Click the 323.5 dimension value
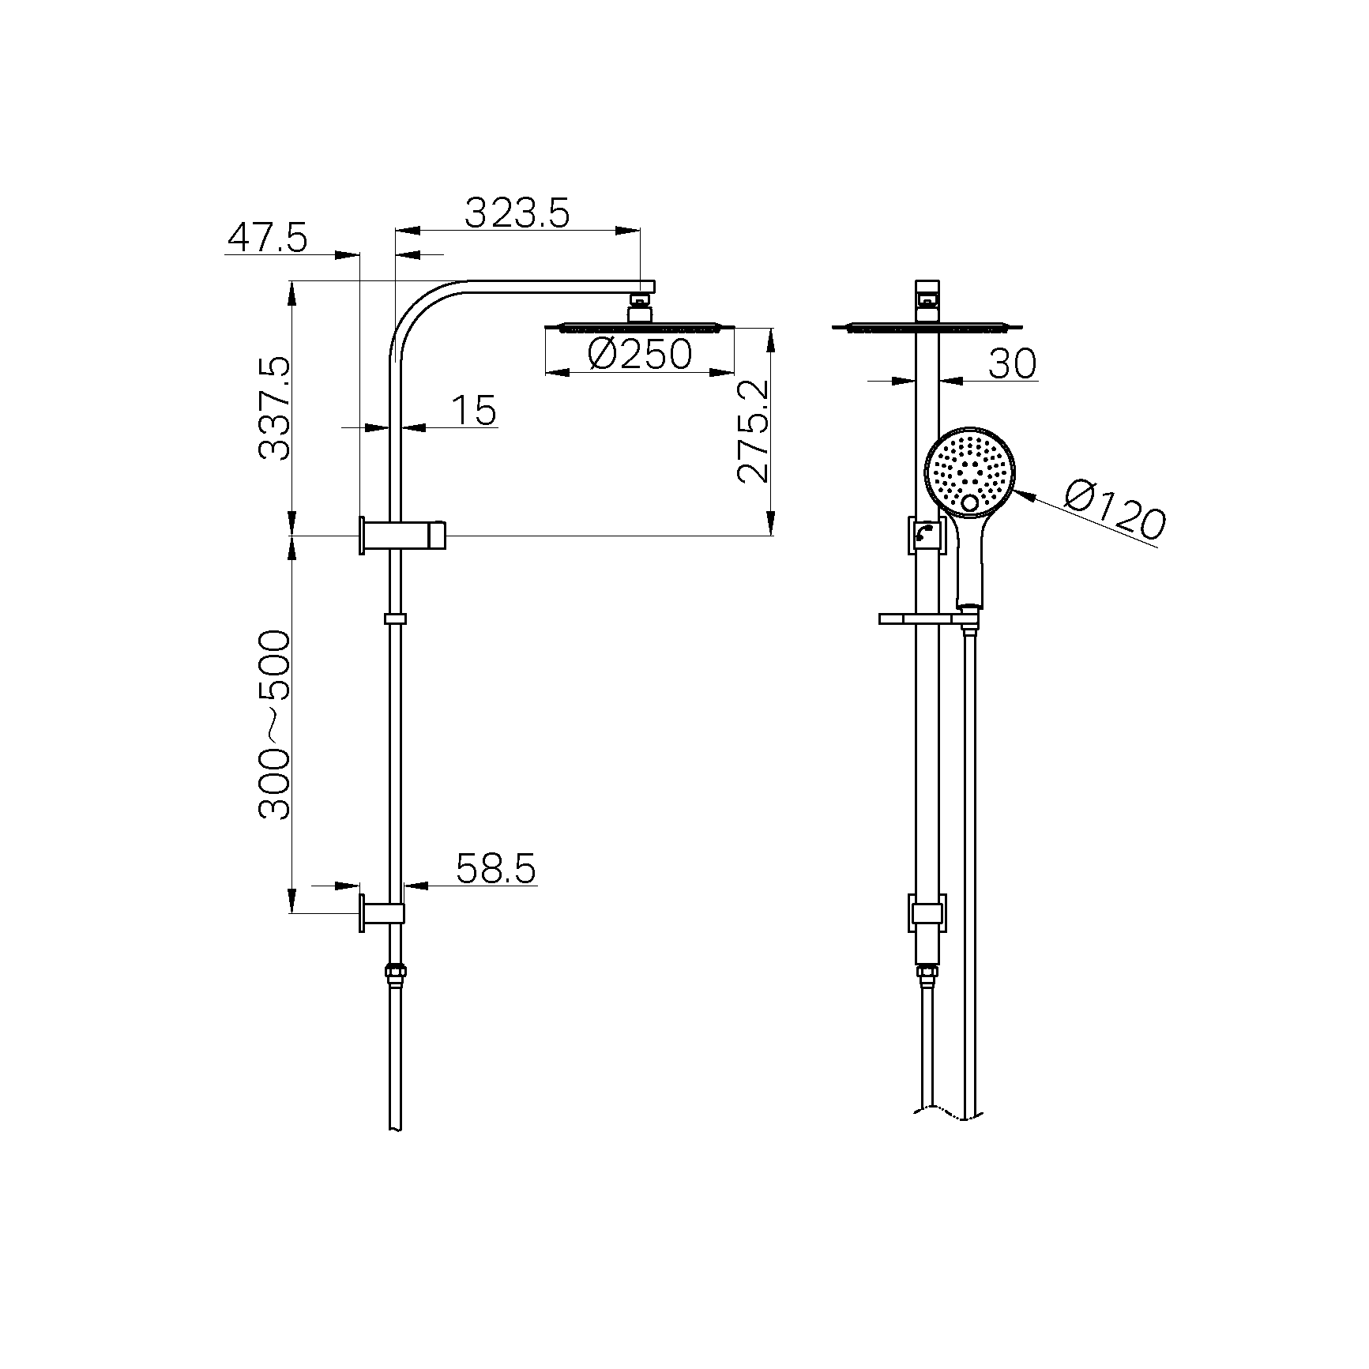point(517,212)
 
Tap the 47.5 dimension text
point(267,237)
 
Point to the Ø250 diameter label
point(641,355)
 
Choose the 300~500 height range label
point(275,724)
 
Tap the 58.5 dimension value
point(496,868)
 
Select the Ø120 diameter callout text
point(1114,512)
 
